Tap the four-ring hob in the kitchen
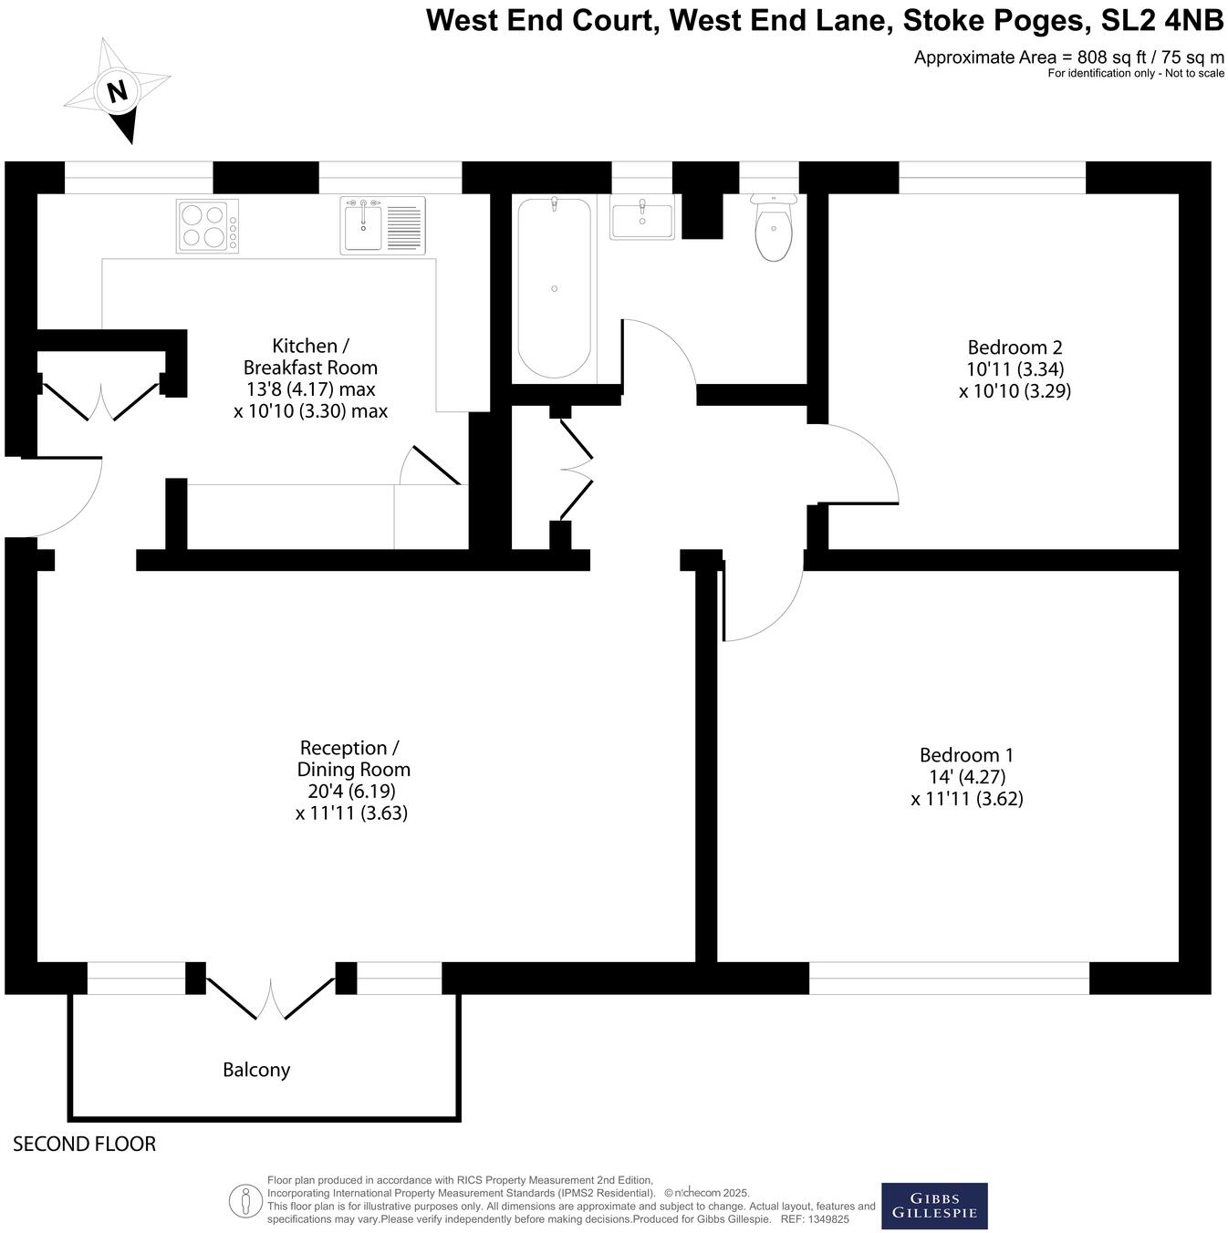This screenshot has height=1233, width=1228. pyautogui.click(x=207, y=225)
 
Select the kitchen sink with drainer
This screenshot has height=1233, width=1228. pyautogui.click(x=382, y=225)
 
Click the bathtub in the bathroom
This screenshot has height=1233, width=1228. pyautogui.click(x=554, y=288)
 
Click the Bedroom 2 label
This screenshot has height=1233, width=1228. pyautogui.click(x=1015, y=347)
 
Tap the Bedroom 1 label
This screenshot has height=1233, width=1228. pyautogui.click(x=966, y=755)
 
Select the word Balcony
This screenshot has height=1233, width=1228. pyautogui.click(x=256, y=1070)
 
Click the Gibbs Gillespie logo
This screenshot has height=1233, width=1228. pyautogui.click(x=934, y=1206)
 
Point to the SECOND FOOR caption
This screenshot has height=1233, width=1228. pyautogui.click(x=84, y=1144)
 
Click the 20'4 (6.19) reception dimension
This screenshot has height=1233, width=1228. pyautogui.click(x=346, y=792)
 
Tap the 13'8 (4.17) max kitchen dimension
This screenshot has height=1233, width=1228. pyautogui.click(x=310, y=389)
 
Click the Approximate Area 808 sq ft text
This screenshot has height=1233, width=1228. pyautogui.click(x=1067, y=57)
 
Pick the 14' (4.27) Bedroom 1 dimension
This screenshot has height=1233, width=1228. pyautogui.click(x=966, y=777)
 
